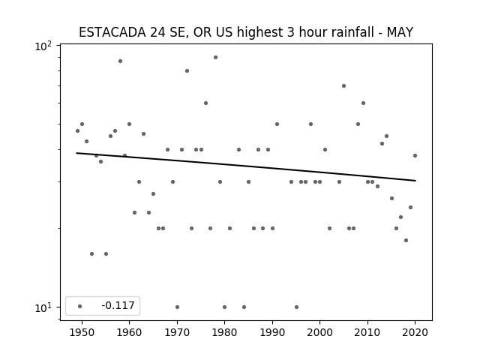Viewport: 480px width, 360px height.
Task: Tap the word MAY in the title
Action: [x=400, y=32]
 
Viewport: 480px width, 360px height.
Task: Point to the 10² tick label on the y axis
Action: [x=43, y=46]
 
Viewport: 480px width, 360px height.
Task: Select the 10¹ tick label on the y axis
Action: [x=43, y=307]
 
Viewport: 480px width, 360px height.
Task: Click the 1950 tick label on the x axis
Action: [x=82, y=332]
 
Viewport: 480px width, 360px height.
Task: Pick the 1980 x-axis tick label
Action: [x=225, y=332]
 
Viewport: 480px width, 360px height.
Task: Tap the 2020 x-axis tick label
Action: [x=415, y=332]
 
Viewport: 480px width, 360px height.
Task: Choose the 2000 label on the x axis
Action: [x=320, y=332]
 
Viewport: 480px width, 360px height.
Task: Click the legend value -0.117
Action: [x=118, y=305]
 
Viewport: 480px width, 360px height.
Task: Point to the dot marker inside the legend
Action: [x=80, y=306]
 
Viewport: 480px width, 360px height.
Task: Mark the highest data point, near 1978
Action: [x=215, y=57]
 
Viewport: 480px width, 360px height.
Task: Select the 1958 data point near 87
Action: [x=120, y=61]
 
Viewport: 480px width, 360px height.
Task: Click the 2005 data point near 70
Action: [x=343, y=86]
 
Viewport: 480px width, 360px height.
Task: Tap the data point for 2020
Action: [x=415, y=155]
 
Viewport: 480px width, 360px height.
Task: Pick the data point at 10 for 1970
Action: [x=177, y=307]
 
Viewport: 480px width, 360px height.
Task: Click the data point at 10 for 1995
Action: [x=296, y=307]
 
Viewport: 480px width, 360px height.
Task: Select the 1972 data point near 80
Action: [x=187, y=71]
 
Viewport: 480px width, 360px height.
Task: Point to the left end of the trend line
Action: [x=76, y=153]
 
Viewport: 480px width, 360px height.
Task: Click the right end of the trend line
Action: [x=415, y=181]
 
